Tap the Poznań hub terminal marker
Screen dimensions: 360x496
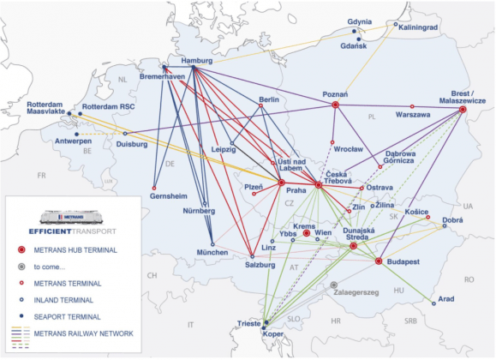click(x=335, y=105)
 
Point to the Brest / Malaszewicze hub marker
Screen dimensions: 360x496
click(x=463, y=110)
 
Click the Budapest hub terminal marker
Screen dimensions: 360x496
click(x=378, y=261)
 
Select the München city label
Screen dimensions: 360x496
click(x=212, y=253)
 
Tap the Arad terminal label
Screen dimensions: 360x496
click(x=446, y=300)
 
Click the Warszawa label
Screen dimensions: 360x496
click(x=412, y=114)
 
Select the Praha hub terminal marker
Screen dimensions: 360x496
click(x=281, y=183)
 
